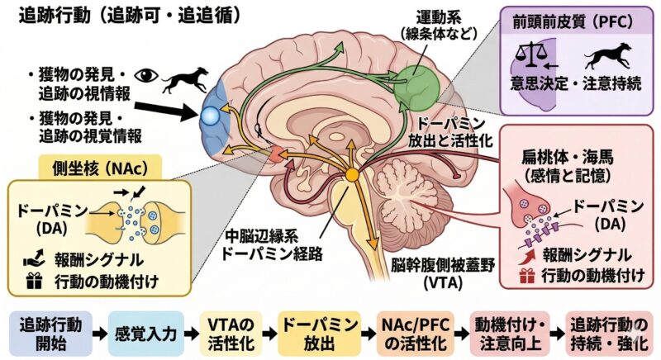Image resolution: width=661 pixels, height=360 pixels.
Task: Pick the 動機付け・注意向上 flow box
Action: click(506, 332)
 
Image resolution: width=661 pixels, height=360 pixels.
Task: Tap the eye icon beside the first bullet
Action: click(148, 74)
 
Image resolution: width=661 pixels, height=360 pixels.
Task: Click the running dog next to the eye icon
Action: click(184, 78)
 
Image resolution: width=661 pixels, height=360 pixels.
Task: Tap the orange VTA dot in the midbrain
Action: click(353, 175)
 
